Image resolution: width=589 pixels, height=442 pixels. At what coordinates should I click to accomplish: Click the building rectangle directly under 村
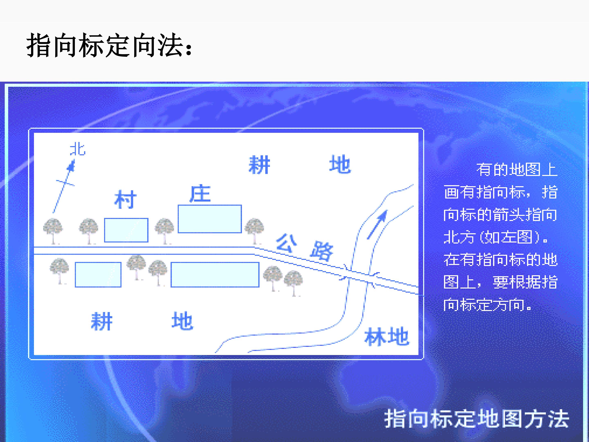click(x=126, y=230)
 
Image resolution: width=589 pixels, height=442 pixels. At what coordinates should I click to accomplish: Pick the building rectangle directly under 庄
click(x=210, y=219)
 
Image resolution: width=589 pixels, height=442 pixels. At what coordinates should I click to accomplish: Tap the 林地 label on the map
click(x=387, y=336)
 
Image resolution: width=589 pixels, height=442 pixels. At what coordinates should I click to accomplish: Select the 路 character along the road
click(x=322, y=250)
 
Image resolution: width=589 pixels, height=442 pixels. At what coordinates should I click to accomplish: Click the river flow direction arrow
click(x=378, y=224)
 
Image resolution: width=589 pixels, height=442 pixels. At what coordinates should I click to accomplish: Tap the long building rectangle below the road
click(x=215, y=275)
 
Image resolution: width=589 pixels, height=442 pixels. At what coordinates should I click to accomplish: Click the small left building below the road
click(x=98, y=275)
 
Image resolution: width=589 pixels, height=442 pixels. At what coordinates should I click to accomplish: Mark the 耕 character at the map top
click(x=259, y=165)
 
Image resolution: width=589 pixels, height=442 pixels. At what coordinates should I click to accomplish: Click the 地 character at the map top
click(x=340, y=164)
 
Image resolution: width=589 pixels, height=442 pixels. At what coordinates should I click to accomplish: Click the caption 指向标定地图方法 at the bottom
click(x=477, y=419)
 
